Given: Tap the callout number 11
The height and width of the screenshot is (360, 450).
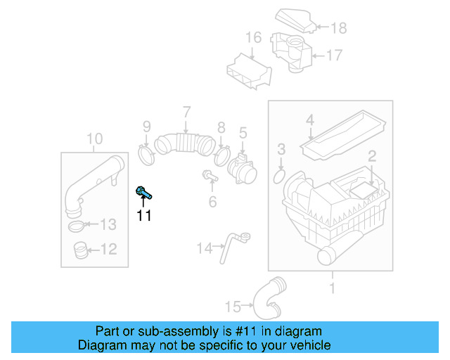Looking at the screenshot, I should click(x=144, y=216).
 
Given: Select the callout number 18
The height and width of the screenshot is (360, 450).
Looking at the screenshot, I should click(x=339, y=28).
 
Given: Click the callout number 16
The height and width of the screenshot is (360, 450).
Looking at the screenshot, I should click(x=253, y=37).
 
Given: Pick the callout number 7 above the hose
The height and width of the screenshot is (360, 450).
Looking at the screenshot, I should click(x=186, y=111).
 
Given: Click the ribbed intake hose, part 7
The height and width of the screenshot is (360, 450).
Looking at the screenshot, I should click(x=184, y=143).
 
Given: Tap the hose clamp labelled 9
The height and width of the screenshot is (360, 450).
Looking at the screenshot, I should click(x=146, y=153).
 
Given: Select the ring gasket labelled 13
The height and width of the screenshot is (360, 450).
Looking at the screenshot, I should click(x=78, y=226).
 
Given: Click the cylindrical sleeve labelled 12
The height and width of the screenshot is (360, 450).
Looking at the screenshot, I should click(x=81, y=249).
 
